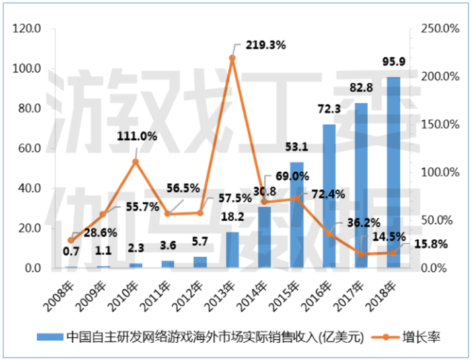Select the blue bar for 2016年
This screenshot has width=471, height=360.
pyautogui.click(x=329, y=196)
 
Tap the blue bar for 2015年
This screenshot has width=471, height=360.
pyautogui.click(x=297, y=215)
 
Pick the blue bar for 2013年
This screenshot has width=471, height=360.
pyautogui.click(x=232, y=250)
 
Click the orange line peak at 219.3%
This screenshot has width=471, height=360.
pyautogui.click(x=232, y=58)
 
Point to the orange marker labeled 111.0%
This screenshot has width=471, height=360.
pyautogui.click(x=135, y=161)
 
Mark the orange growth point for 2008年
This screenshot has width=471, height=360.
pyautogui.click(x=71, y=240)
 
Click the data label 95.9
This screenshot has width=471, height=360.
pyautogui.click(x=394, y=68)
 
